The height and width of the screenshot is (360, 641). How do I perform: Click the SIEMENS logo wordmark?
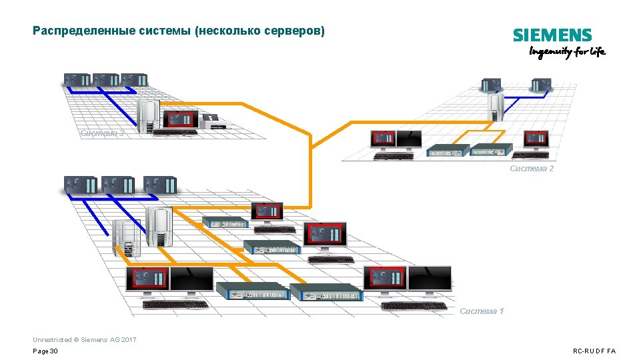[552, 36]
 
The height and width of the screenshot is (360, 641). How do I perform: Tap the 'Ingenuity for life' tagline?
[567, 52]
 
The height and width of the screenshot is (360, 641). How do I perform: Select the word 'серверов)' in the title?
[299, 31]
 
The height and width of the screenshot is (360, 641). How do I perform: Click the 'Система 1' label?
[482, 311]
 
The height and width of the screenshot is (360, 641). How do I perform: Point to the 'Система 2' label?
[532, 169]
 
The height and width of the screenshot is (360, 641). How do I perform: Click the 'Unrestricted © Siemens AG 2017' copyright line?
[84, 340]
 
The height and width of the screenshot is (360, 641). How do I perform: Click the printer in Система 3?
[215, 121]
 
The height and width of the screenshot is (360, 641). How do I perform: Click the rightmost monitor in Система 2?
[538, 139]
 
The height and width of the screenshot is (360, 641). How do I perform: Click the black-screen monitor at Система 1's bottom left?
[191, 279]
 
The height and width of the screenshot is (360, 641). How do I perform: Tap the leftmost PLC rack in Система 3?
[77, 80]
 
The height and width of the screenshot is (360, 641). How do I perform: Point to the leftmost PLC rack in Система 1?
[80, 185]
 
